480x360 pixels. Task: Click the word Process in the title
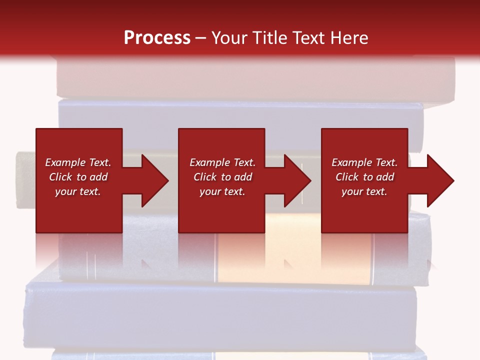point(157,38)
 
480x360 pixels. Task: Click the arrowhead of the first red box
point(152,180)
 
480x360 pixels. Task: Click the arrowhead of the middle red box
point(295,180)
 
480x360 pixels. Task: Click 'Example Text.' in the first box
point(78,162)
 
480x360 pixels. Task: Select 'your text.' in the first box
point(78,191)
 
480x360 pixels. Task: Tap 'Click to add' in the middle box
point(222,177)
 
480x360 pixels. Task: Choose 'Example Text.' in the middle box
point(222,162)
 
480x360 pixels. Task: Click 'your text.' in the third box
point(364,191)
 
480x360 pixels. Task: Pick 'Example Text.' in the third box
point(364,162)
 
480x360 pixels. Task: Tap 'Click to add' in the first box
point(78,177)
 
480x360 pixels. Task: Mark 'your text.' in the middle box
point(222,191)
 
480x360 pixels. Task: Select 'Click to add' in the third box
point(364,177)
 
